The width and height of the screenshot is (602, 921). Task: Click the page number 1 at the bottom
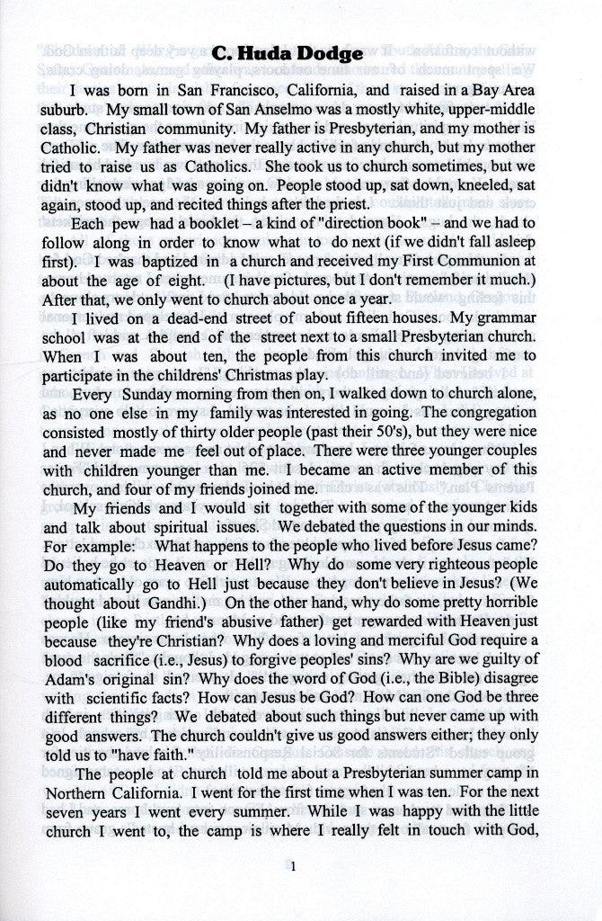tap(293, 867)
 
